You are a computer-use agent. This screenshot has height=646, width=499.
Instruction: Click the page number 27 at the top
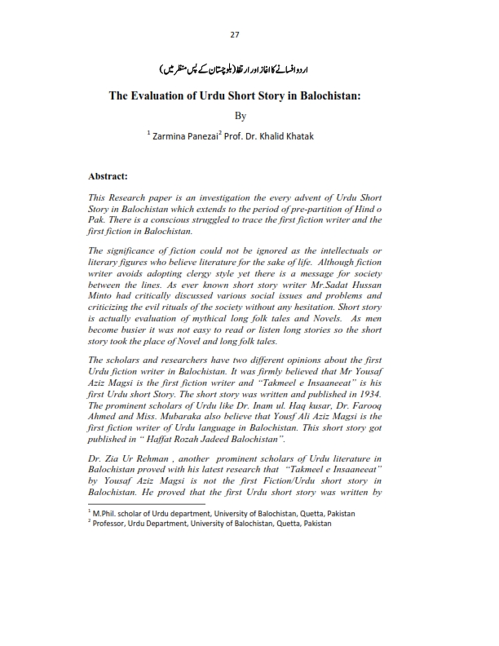tap(249, 34)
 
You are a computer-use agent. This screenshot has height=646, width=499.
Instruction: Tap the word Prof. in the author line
tap(246, 135)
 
